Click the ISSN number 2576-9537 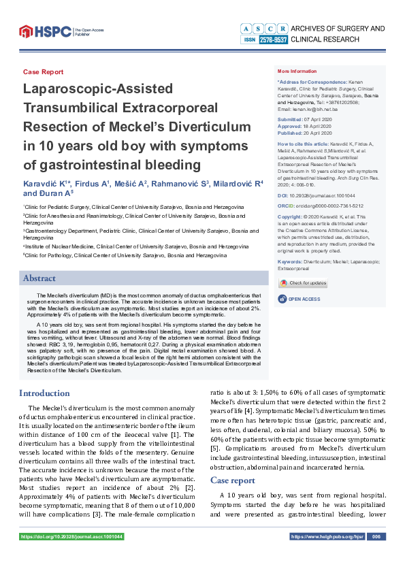[x=272, y=40]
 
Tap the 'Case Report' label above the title [x=43, y=71]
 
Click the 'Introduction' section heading [x=44, y=393]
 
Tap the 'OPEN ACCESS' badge [x=302, y=299]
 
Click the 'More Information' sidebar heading [x=297, y=71]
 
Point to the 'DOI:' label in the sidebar [x=283, y=195]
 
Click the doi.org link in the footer [x=71, y=537]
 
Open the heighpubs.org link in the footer [x=327, y=537]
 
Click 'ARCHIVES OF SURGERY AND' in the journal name [x=337, y=28]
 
